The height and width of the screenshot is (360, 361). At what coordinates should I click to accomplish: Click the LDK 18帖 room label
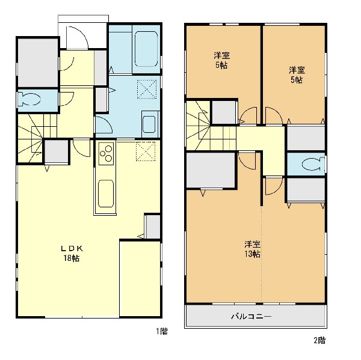click(72, 253)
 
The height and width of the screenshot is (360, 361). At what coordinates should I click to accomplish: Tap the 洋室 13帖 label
click(253, 249)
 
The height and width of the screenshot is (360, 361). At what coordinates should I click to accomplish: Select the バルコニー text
click(251, 317)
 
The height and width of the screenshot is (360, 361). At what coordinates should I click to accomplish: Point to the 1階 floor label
click(162, 332)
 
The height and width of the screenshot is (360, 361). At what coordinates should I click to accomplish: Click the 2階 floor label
click(320, 340)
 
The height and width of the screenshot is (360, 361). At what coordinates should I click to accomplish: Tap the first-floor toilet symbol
click(29, 99)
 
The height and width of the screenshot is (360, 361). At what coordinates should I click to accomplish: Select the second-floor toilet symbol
click(313, 164)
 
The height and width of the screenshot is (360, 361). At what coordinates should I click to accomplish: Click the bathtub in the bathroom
click(146, 49)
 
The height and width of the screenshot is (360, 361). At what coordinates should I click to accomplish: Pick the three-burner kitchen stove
click(106, 153)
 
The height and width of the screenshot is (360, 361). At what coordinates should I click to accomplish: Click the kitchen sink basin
click(106, 194)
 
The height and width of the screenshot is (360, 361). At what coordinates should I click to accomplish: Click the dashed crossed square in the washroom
click(147, 89)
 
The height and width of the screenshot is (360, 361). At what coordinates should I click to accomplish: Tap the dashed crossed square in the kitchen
click(146, 151)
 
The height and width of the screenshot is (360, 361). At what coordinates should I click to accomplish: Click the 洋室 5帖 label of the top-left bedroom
click(221, 60)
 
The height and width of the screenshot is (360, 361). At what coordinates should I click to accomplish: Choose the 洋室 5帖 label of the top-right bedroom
click(297, 75)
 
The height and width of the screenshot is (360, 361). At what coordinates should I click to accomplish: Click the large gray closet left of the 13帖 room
click(211, 170)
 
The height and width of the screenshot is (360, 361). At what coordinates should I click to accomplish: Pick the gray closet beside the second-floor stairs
click(224, 112)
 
